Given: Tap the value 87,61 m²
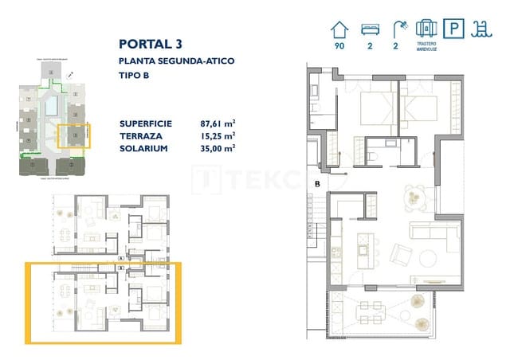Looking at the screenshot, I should coord(217,123).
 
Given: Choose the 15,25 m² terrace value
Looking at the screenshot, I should coord(217,135).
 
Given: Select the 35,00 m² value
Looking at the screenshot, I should coord(217,147).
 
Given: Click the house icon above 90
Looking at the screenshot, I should coord(339,29).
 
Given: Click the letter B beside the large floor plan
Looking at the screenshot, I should coord(316,185).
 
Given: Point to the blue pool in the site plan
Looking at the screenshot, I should coord(51,104).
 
